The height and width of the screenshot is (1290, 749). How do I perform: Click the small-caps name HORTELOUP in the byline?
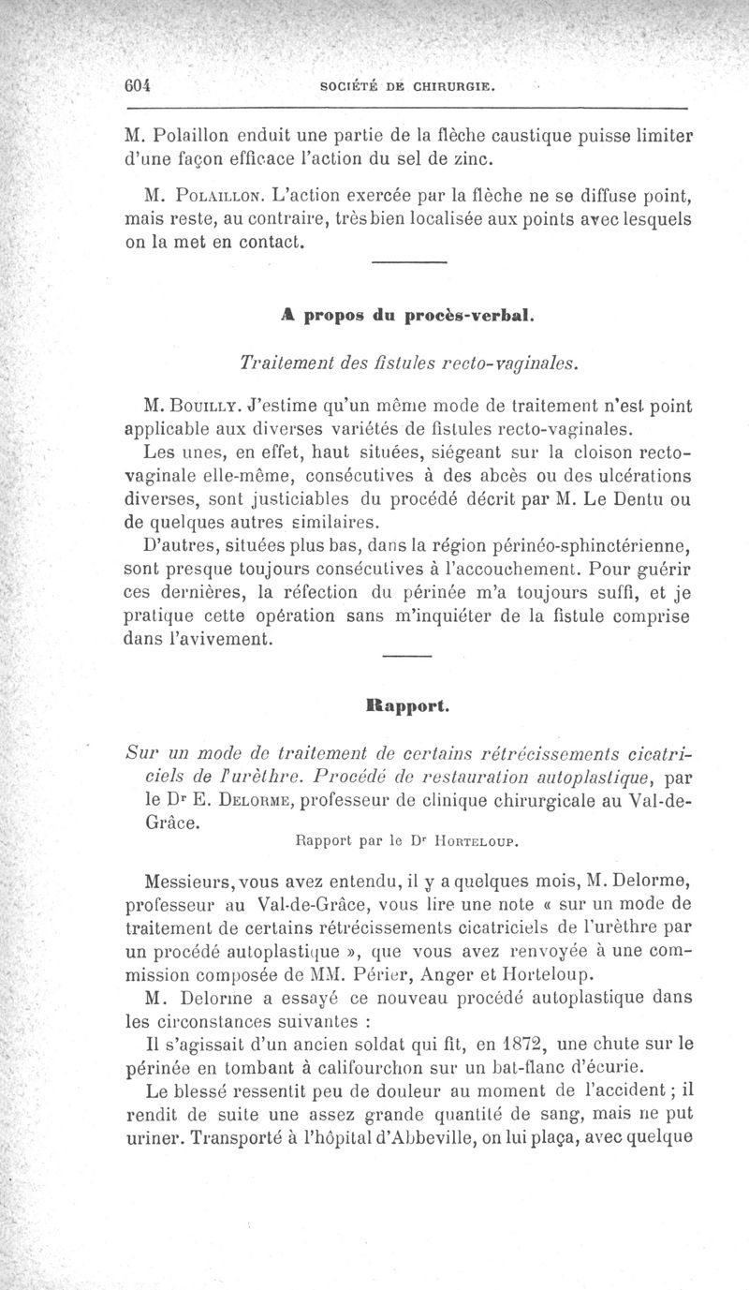pyautogui.click(x=475, y=841)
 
